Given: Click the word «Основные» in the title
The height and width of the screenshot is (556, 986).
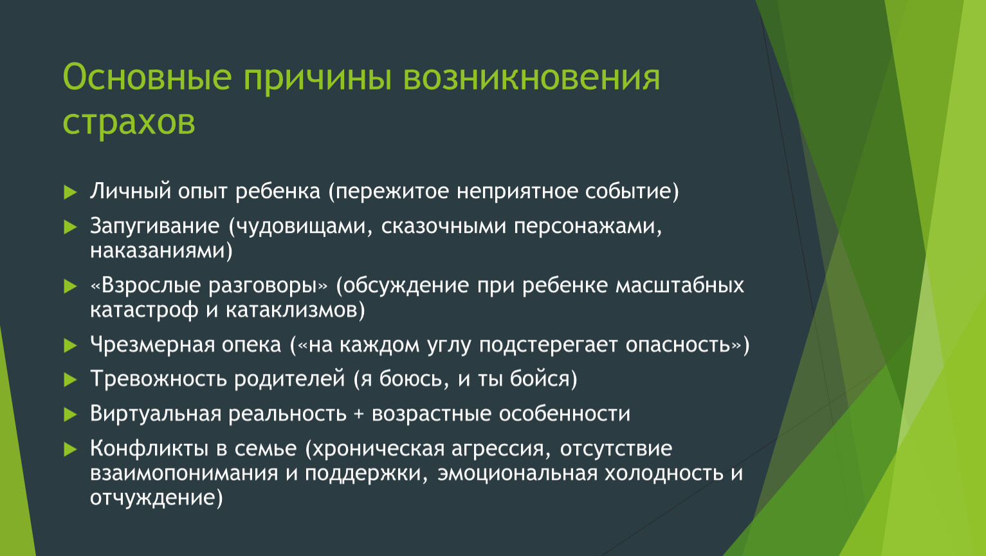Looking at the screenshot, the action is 147,78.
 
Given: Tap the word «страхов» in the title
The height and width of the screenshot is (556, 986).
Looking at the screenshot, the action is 129,122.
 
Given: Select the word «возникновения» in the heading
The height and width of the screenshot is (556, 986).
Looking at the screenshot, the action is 532,78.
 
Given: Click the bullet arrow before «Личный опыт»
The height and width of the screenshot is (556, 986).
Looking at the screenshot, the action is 71,192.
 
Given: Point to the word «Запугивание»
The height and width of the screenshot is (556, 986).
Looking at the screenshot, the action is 154,227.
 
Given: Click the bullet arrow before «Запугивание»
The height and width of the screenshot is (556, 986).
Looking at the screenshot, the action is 71,227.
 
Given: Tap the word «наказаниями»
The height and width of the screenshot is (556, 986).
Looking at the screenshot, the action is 158,251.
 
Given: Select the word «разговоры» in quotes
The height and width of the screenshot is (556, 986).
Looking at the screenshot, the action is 262,286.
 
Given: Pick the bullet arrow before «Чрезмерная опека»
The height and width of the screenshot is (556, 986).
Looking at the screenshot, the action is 71,346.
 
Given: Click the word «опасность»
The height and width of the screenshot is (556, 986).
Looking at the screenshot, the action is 678,345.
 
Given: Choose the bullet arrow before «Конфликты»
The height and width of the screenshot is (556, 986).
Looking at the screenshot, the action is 71,449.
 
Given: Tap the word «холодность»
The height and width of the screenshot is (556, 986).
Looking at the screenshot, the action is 664,473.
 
